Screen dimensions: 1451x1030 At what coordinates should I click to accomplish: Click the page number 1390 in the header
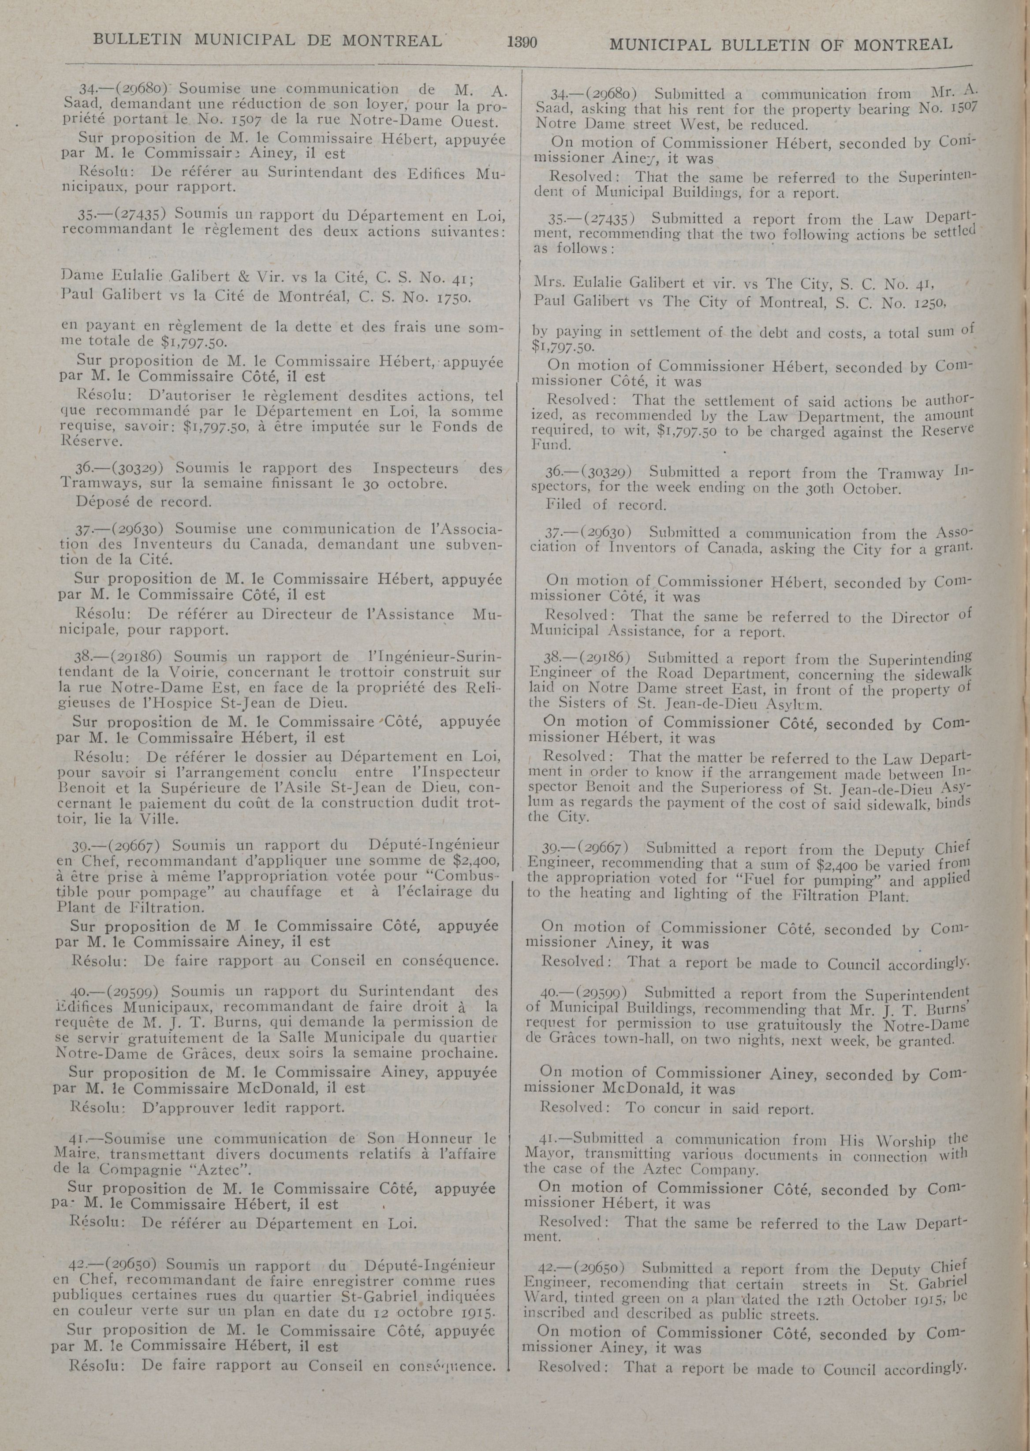(522, 43)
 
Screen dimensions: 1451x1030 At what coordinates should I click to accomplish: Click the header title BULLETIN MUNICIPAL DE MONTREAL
(267, 41)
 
